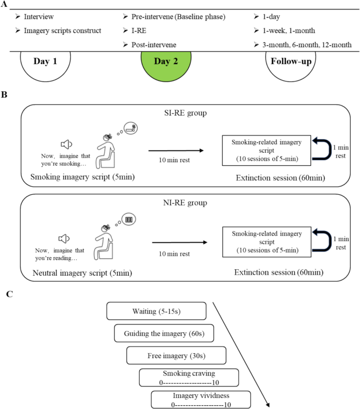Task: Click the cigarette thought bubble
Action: (x=130, y=127)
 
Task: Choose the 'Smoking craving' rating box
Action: (x=189, y=377)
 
